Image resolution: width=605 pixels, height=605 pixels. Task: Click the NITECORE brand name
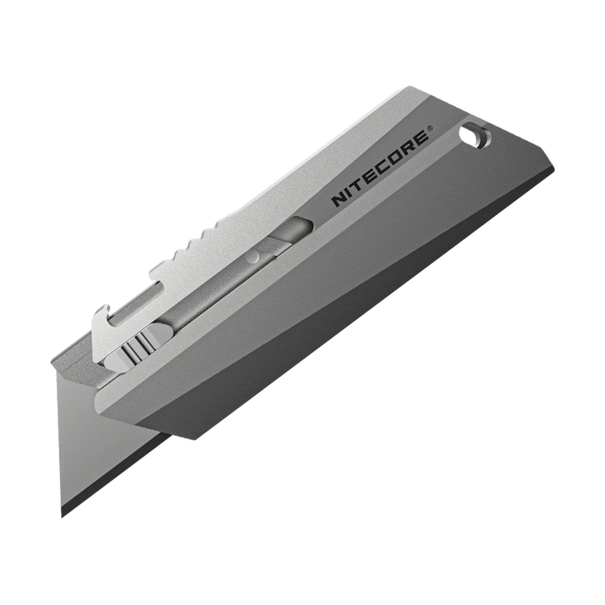point(380,169)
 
